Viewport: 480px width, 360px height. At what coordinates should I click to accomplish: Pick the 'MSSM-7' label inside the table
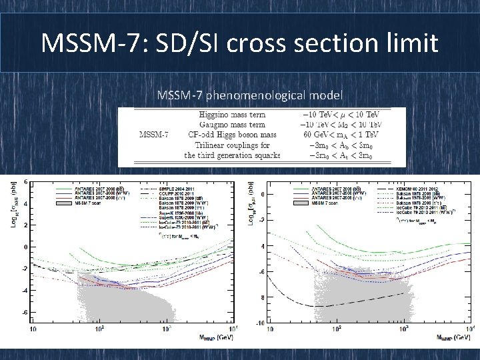pyautogui.click(x=153, y=135)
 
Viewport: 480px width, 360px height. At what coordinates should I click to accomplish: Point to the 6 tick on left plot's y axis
pyautogui.click(x=25, y=182)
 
